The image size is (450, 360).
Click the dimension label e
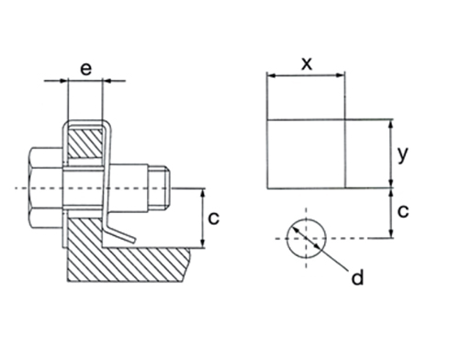tap(85, 69)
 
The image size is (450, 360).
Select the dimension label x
tap(307, 64)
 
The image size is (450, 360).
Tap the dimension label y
tap(403, 154)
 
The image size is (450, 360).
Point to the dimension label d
tap(357, 277)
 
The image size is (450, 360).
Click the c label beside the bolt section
tap(213, 219)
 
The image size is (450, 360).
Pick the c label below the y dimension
tap(403, 211)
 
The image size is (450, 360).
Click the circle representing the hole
tap(306, 219)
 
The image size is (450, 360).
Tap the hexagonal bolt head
tap(47, 187)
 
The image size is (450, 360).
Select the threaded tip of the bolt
tap(159, 187)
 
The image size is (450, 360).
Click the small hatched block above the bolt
tap(85, 143)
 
